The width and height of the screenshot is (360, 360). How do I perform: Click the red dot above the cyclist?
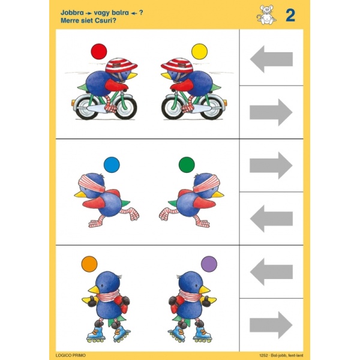(99, 52)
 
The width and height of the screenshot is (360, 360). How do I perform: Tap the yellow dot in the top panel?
(199, 52)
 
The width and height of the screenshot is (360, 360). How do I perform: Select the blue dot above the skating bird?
(112, 164)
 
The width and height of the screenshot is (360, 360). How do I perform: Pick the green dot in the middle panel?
(187, 164)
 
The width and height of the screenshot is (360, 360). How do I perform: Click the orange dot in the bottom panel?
(89, 264)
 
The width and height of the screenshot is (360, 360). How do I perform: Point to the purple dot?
(209, 264)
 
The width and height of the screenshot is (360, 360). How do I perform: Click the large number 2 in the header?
(290, 16)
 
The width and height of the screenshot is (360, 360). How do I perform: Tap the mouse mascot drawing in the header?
(266, 14)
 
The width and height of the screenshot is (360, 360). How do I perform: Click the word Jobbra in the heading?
(72, 13)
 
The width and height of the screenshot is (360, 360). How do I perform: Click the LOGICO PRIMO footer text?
(70, 355)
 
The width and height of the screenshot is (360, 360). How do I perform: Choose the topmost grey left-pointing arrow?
(271, 59)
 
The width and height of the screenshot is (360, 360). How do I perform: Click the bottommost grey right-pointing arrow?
(271, 325)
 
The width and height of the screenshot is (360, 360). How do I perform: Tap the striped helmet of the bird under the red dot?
(121, 65)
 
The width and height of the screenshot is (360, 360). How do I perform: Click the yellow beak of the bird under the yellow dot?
(166, 75)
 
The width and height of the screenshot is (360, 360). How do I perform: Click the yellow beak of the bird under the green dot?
(217, 194)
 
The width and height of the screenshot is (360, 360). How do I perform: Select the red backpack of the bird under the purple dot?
(176, 304)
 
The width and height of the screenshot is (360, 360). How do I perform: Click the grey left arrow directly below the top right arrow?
(271, 218)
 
